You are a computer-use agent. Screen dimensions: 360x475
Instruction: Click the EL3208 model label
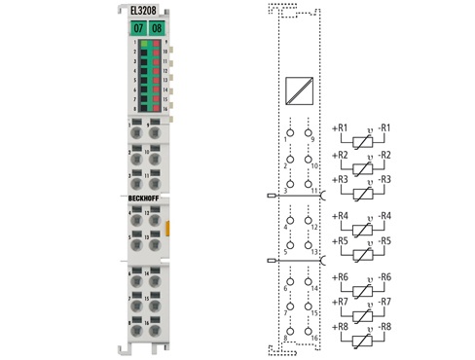(141, 11)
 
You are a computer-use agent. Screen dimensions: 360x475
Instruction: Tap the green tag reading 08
(157, 28)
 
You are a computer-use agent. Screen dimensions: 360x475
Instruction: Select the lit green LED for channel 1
(143, 45)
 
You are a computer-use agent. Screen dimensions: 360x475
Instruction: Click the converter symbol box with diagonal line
(298, 91)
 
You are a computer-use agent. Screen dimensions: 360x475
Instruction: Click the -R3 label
(385, 180)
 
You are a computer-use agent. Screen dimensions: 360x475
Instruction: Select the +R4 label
(340, 215)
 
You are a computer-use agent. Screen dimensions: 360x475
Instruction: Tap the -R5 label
(385, 240)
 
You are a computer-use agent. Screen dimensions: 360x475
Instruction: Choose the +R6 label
(340, 278)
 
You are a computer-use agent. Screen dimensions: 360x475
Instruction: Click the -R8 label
(385, 328)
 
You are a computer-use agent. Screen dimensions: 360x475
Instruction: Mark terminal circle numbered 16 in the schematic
(309, 328)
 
